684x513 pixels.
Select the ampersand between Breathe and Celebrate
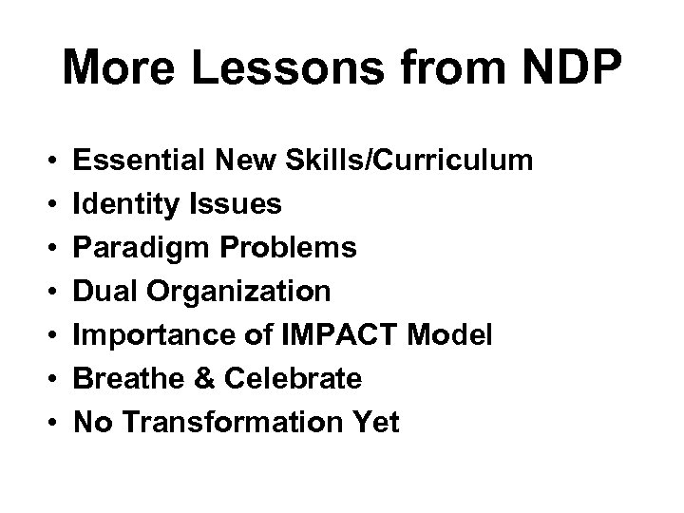(200, 379)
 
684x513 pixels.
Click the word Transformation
(232, 423)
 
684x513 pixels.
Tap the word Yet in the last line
(377, 423)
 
